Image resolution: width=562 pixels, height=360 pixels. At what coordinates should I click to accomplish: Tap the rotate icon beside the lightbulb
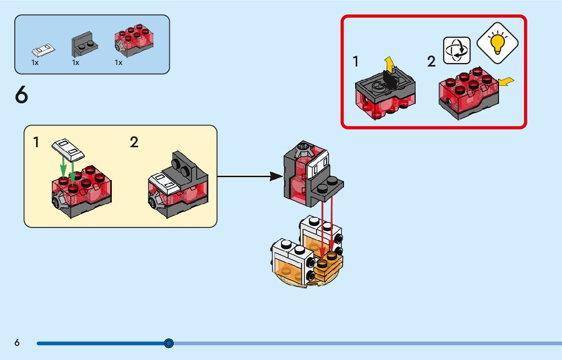click(457, 50)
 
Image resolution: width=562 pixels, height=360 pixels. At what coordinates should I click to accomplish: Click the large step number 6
click(21, 95)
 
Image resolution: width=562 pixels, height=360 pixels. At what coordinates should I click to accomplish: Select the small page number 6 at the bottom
click(17, 343)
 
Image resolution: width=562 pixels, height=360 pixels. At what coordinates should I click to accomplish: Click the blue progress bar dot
click(169, 344)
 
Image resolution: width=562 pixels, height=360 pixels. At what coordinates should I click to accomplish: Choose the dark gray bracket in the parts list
click(84, 46)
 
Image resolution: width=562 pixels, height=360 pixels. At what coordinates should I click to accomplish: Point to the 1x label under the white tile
click(35, 63)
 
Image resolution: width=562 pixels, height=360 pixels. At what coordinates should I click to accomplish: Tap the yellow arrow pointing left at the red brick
click(507, 81)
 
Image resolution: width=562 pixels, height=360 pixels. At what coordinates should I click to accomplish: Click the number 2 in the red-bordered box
click(431, 62)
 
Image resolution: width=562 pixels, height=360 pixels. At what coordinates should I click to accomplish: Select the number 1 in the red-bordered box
click(356, 62)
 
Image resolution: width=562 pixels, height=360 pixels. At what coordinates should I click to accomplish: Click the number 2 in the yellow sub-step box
click(134, 142)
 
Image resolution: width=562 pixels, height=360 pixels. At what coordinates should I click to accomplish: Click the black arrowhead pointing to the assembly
click(276, 177)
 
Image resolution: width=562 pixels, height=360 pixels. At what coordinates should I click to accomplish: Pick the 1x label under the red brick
click(118, 63)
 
